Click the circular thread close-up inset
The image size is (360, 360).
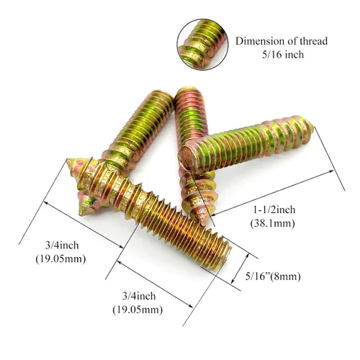coord(203,45)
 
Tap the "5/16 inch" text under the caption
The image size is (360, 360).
coord(283,55)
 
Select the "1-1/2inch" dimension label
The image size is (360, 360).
coord(274,210)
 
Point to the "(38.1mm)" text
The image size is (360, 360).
coord(272,223)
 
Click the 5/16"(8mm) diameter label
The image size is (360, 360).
coord(273,276)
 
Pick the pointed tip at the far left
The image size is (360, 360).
coord(68,161)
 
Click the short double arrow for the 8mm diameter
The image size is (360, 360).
coord(240,269)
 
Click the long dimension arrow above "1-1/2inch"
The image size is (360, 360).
coord(273,193)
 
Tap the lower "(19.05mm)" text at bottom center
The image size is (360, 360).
coord(138,310)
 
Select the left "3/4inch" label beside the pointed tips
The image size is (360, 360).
coord(62,246)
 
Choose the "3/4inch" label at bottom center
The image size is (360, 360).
coord(139,296)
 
